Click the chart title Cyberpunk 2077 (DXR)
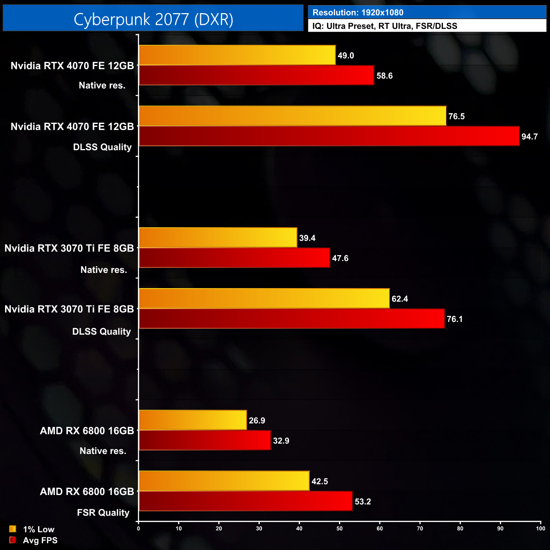(x=153, y=19)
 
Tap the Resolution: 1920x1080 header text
(x=357, y=13)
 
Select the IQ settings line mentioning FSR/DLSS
(x=385, y=26)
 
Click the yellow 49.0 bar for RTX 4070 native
(x=237, y=55)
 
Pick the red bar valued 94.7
(x=329, y=136)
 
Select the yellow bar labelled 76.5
(x=292, y=116)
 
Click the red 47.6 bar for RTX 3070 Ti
(x=234, y=258)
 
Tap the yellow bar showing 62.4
(x=264, y=298)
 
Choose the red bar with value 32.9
(x=205, y=440)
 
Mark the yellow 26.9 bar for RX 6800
(x=192, y=420)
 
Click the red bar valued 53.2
(x=245, y=501)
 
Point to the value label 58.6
(x=384, y=76)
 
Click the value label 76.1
(x=454, y=319)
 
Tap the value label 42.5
(x=319, y=481)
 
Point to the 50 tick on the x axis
(x=339, y=528)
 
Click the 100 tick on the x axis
(x=540, y=528)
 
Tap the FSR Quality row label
(x=103, y=513)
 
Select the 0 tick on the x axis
(x=138, y=528)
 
